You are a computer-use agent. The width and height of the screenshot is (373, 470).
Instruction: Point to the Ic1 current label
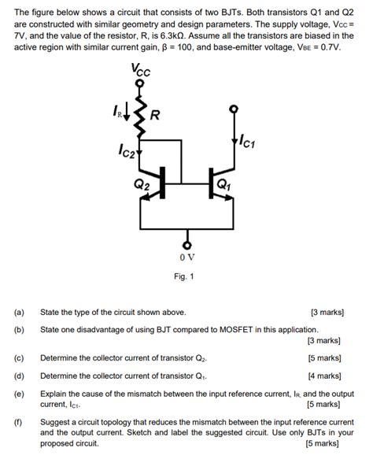coord(246,142)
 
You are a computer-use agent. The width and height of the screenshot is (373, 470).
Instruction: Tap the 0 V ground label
coord(186,257)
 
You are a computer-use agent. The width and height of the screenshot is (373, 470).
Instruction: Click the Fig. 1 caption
coord(186,276)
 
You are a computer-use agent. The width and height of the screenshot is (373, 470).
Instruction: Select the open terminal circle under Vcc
coord(140,83)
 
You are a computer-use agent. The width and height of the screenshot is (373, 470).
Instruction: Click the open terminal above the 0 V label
coord(186,240)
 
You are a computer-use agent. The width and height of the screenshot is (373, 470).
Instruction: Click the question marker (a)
coord(19,312)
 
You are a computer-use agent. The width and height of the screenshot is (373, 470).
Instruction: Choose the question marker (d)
coord(19,376)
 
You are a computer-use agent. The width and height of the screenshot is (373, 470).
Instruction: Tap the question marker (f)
coord(19,423)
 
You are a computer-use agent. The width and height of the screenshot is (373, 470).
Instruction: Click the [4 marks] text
coord(323,376)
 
